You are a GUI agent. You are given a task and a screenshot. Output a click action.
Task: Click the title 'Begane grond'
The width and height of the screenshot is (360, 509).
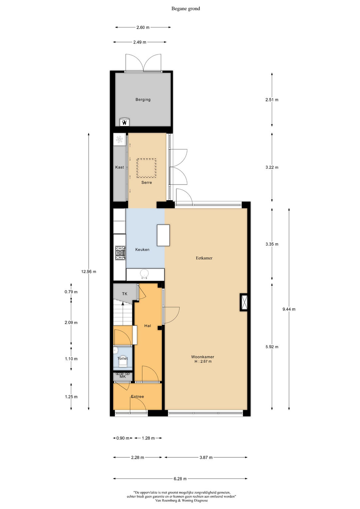(185, 9)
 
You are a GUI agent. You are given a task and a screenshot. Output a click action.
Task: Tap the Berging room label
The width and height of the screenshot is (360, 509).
(143, 100)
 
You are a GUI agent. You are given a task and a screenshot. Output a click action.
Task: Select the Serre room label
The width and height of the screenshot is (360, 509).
(147, 182)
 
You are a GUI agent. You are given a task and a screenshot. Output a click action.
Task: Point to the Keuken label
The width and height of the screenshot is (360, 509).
(142, 250)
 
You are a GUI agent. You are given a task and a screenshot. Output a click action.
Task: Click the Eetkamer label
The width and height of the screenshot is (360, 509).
(204, 258)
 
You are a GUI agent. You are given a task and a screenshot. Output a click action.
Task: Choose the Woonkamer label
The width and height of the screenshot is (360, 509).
(203, 357)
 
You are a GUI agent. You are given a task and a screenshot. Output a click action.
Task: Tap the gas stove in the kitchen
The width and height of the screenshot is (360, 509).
(120, 253)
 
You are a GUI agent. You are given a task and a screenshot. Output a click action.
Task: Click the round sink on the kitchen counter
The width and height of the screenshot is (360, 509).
(144, 274)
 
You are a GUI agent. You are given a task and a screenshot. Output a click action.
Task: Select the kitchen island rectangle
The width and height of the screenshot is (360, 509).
(163, 235)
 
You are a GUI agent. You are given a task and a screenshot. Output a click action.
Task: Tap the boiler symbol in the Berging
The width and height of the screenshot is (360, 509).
(125, 122)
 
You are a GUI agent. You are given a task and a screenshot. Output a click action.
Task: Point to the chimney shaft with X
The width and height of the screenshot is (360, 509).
(244, 302)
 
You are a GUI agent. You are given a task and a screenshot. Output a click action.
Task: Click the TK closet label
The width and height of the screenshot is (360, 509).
(125, 294)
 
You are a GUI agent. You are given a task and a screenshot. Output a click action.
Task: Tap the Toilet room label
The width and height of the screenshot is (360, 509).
(123, 358)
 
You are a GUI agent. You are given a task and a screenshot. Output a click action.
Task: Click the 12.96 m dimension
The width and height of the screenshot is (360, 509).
(89, 272)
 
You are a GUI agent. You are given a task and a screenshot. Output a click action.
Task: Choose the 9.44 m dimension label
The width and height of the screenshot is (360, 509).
(289, 309)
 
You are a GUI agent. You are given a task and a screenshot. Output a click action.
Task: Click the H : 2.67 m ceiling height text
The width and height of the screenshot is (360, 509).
(203, 361)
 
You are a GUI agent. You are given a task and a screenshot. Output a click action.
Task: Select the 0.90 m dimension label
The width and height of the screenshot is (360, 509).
(123, 438)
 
